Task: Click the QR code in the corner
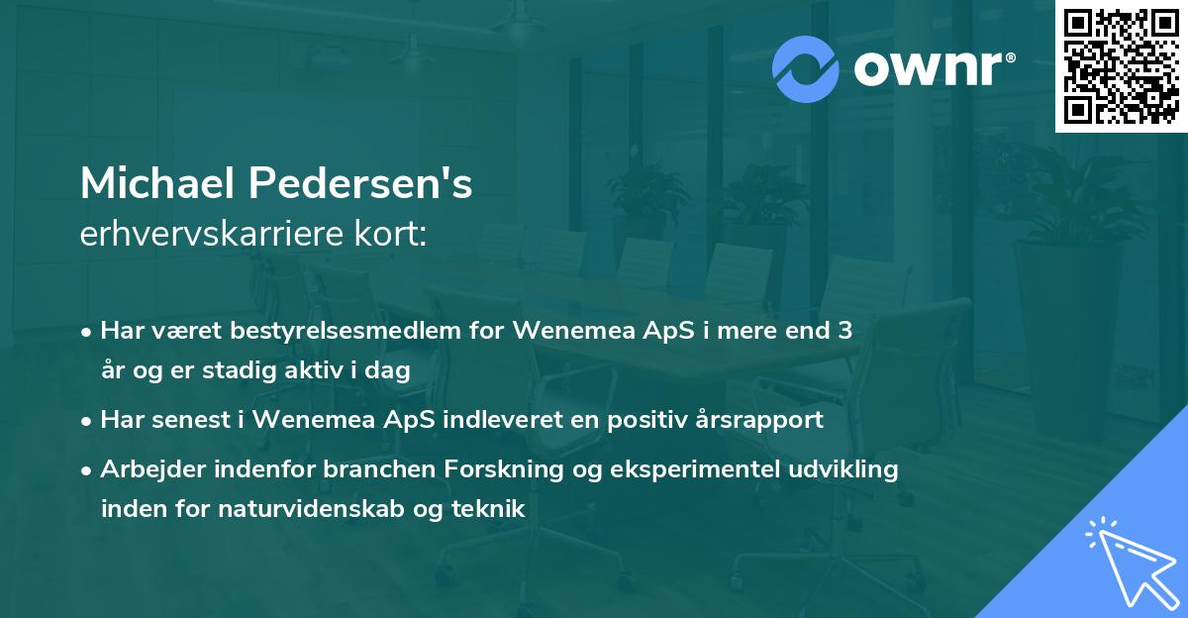(x=1121, y=66)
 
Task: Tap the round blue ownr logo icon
(x=806, y=69)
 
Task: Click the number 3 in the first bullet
(x=844, y=331)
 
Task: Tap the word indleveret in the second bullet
(x=527, y=419)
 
